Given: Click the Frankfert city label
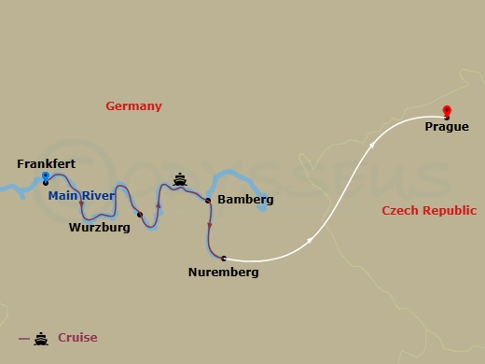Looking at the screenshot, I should (x=46, y=164).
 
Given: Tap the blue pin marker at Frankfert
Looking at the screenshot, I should (x=45, y=176).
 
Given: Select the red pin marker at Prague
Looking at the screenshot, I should (x=447, y=111).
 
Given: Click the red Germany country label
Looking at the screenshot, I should (x=133, y=106).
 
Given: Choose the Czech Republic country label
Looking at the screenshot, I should (x=429, y=211).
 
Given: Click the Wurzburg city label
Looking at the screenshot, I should (x=99, y=227).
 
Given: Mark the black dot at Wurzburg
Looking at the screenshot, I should (x=139, y=215).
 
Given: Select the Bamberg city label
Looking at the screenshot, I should (x=245, y=200).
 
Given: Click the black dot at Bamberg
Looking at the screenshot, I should (x=207, y=200).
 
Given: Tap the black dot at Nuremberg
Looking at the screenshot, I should (x=223, y=258).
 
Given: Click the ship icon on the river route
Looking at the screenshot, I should (x=180, y=179).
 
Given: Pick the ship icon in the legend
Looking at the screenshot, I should (x=41, y=338).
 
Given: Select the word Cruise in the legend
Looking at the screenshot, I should (x=77, y=338).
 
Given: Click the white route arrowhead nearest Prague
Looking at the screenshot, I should (x=372, y=145).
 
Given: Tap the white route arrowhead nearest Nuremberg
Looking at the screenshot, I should (x=310, y=241).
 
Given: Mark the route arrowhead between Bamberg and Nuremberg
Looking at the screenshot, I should (x=209, y=225).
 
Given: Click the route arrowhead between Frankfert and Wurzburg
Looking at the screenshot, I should (x=82, y=203).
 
